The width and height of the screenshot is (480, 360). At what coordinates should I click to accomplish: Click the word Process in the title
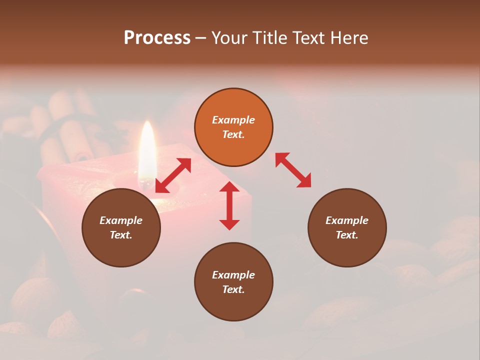(x=157, y=38)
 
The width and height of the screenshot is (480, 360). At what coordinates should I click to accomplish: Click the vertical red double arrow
(x=229, y=205)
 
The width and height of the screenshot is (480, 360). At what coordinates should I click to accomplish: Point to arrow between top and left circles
(x=173, y=175)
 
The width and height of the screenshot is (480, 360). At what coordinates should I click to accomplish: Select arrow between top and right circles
(x=293, y=170)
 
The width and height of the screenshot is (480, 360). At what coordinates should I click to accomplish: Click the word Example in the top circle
(x=233, y=120)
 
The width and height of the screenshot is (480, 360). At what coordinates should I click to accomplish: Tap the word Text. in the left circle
(x=121, y=235)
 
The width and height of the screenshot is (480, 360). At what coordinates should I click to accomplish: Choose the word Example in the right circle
(x=347, y=220)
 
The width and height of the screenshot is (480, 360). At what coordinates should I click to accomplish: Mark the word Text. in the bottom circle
(x=233, y=289)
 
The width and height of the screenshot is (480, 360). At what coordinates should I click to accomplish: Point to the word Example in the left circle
(x=121, y=220)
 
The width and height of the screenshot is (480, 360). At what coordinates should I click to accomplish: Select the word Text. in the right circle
(x=347, y=235)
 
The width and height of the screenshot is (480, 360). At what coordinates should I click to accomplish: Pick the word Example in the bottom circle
(x=233, y=275)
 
